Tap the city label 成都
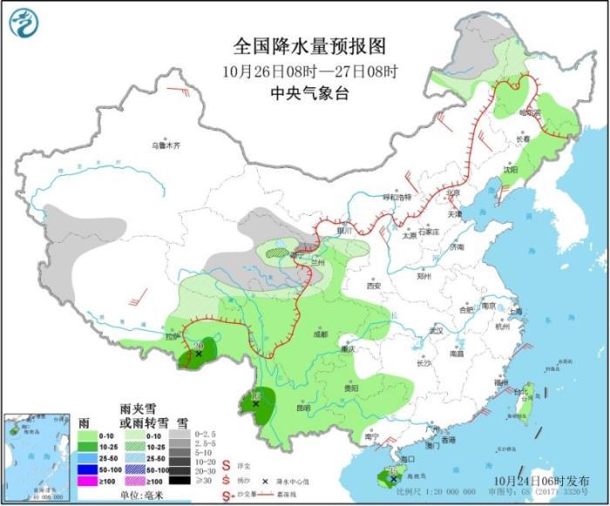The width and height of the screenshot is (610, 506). point(318,334)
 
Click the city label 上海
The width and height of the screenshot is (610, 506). point(515,311)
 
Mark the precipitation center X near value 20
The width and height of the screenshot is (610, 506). point(199,354)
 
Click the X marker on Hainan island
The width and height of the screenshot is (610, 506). point(394,478)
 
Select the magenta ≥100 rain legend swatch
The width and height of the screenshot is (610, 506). point(86,480)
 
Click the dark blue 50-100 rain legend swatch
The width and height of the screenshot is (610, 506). point(86,469)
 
